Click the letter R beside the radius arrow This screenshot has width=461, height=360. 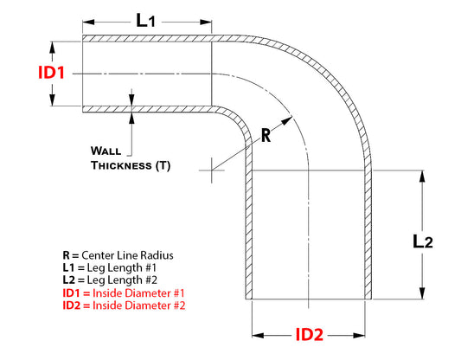tap(268, 134)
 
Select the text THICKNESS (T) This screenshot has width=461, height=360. tap(131, 164)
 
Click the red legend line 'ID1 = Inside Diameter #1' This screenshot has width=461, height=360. tap(124, 293)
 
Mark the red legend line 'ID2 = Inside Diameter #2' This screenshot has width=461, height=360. tap(124, 305)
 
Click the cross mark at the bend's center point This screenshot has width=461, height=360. tap(211, 170)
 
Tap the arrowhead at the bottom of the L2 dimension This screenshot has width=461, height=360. tap(422, 295)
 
